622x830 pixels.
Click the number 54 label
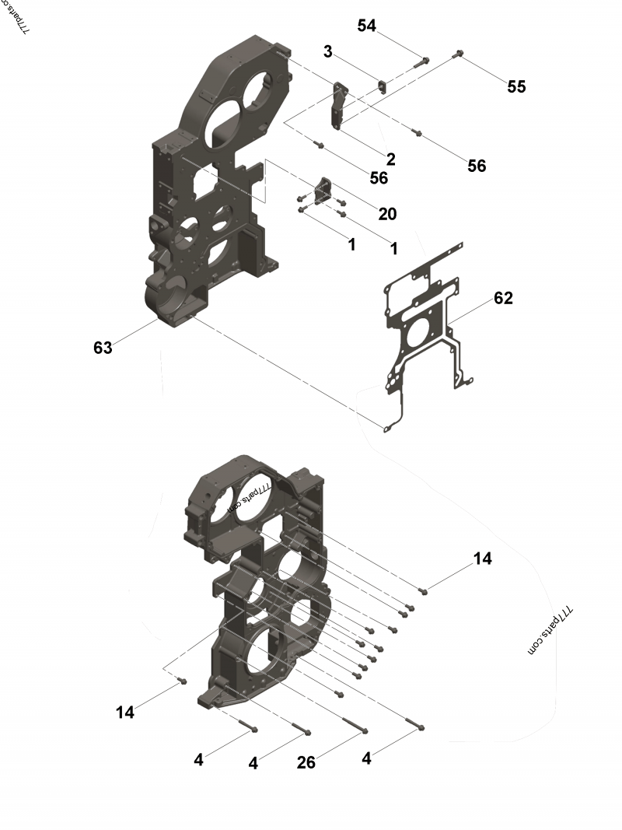coord(367,26)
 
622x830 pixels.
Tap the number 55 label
coord(516,86)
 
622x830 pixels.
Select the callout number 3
coord(328,51)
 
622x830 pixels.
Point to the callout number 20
coord(387,213)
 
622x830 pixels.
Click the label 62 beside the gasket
coord(503,298)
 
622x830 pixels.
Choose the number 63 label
coord(103,348)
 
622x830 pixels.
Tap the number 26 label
coord(306,762)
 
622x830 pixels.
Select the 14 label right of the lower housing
coord(483,559)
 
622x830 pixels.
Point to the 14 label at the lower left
coord(125,711)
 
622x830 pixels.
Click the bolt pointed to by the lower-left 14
coord(183,681)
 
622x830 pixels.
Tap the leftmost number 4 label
coord(198,759)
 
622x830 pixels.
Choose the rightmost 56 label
coord(477,165)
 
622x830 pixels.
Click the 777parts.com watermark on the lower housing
coord(248,499)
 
